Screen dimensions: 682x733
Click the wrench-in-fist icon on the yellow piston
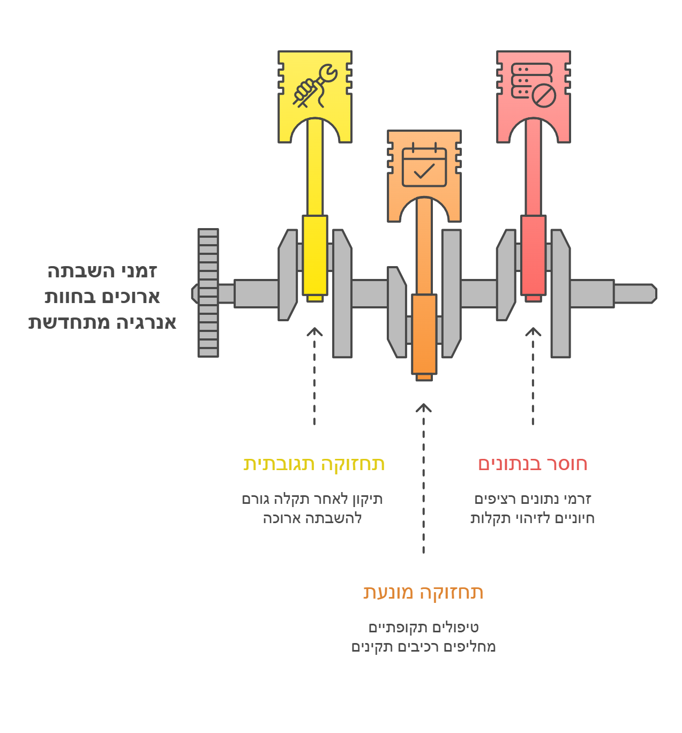(x=315, y=86)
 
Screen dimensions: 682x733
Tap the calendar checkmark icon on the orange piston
(x=424, y=165)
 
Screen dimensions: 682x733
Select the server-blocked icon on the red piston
(x=533, y=85)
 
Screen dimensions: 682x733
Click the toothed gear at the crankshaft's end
(x=208, y=293)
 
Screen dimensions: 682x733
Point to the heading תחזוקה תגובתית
(x=314, y=464)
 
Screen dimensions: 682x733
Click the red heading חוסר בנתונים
(x=533, y=464)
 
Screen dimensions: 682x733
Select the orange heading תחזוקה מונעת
(x=423, y=592)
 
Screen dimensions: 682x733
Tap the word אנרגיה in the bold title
(x=146, y=322)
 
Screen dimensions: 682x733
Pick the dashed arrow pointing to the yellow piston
(x=314, y=376)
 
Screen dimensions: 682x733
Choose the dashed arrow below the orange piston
(x=423, y=478)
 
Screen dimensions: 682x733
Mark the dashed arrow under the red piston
(x=533, y=376)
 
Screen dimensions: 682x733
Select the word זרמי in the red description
(x=578, y=499)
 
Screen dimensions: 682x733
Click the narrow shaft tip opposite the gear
(x=635, y=293)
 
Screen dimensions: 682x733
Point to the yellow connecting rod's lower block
(x=315, y=255)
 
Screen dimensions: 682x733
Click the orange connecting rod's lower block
(x=424, y=334)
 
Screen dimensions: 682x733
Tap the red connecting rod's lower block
(x=533, y=255)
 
